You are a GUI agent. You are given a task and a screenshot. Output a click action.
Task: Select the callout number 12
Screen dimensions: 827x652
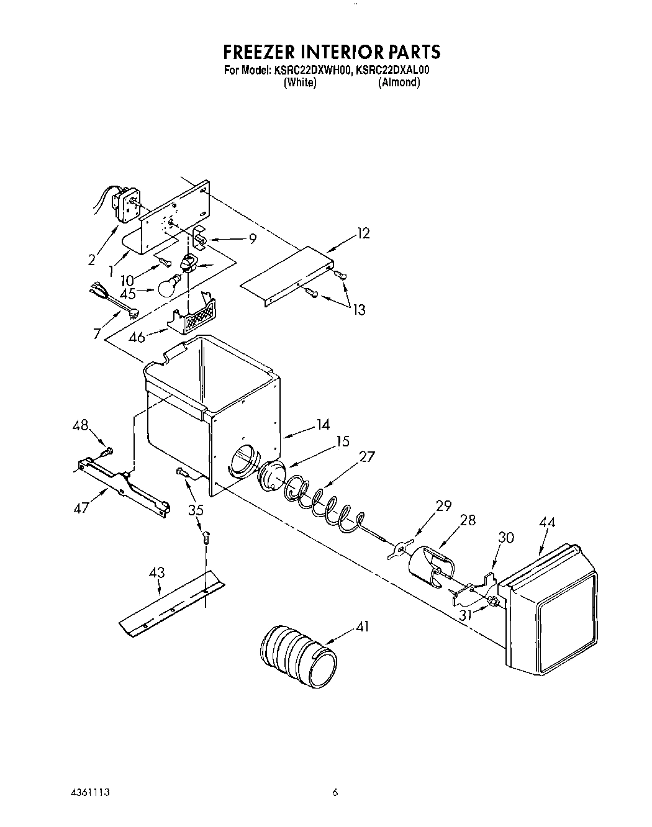click(363, 233)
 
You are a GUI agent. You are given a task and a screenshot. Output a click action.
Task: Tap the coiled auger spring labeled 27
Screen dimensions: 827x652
click(323, 500)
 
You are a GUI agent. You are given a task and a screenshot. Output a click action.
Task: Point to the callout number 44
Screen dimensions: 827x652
click(548, 522)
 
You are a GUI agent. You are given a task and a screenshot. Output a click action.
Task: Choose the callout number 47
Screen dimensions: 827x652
click(81, 508)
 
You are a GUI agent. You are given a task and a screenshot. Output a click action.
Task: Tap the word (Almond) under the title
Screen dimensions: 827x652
click(399, 82)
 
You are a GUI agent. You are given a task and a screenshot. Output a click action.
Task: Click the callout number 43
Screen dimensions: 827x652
click(157, 572)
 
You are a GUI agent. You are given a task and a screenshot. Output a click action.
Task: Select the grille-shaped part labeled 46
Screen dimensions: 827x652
click(197, 315)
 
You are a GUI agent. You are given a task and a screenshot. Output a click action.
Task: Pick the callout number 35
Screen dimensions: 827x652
click(196, 511)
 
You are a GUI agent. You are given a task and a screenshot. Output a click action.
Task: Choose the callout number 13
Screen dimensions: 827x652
click(360, 310)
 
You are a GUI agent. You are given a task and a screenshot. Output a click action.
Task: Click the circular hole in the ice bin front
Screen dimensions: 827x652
click(242, 463)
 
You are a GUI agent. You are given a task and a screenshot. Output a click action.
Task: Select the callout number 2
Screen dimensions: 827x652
click(92, 260)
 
